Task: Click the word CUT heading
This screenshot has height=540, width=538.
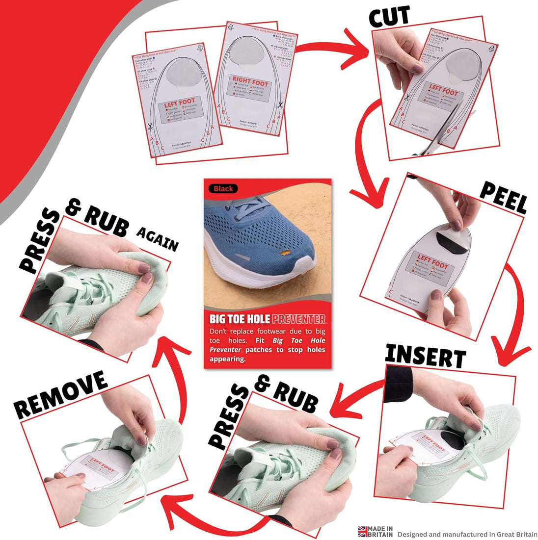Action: tap(389, 18)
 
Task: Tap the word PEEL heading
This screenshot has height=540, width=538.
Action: tap(503, 197)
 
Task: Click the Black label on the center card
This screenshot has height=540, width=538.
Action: tap(223, 188)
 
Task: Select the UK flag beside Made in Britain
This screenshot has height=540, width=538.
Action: tap(363, 531)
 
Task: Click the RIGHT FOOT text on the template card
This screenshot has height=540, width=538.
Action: tap(250, 82)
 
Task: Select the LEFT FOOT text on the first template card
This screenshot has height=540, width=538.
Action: tap(179, 103)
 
